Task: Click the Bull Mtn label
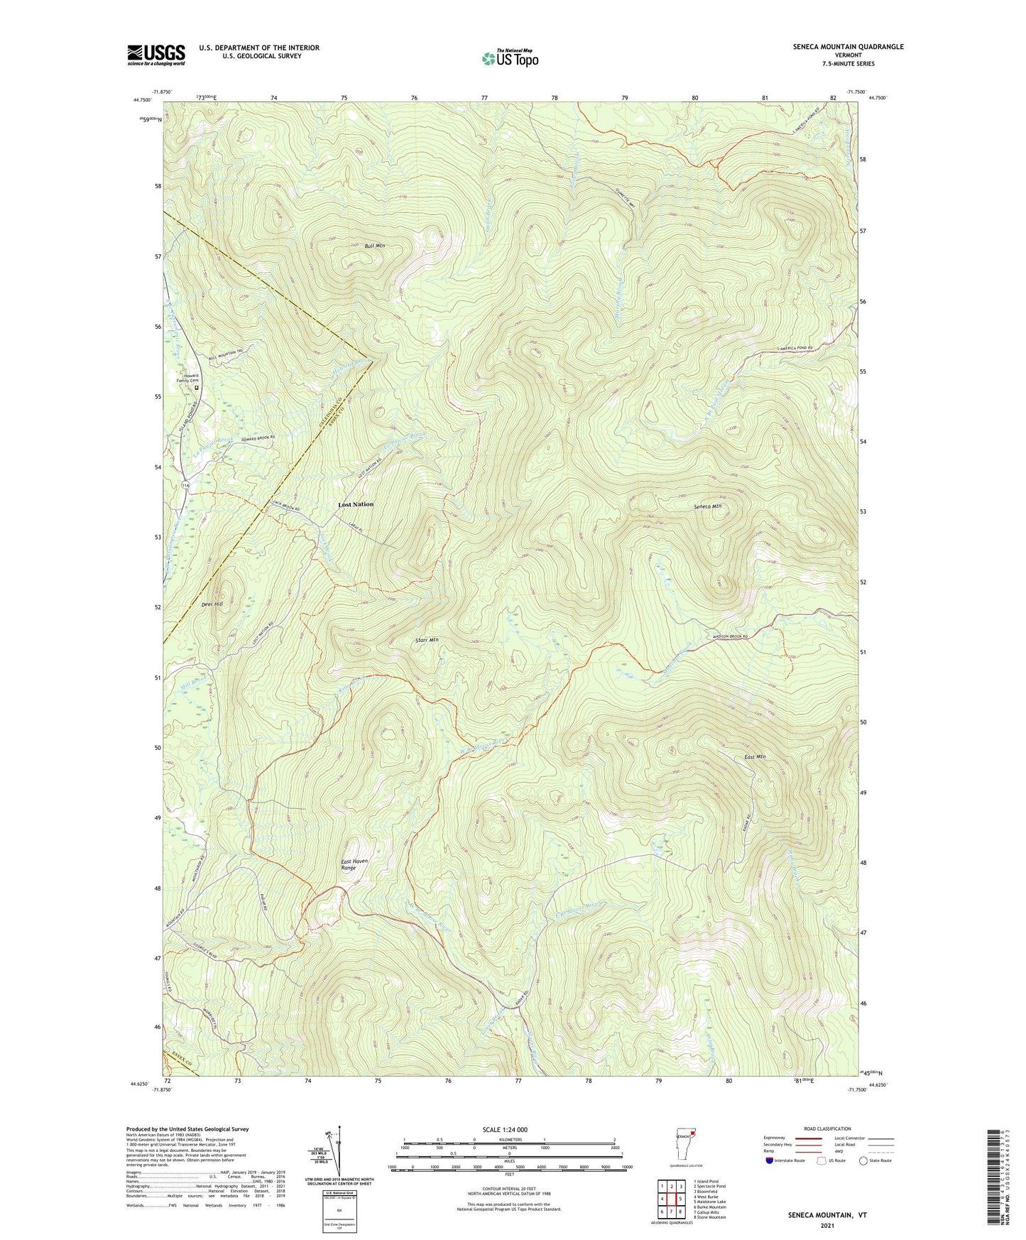[x=374, y=246]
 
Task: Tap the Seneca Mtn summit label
[x=707, y=506]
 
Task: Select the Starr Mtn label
[x=426, y=640]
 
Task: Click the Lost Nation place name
[x=356, y=504]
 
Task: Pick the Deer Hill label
[x=212, y=604]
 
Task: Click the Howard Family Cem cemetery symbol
[x=197, y=388]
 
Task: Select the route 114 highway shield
[x=185, y=484]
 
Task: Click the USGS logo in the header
[x=156, y=55]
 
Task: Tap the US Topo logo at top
[x=510, y=58]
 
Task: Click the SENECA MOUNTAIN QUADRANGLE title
[x=848, y=47]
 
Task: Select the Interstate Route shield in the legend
[x=770, y=1160]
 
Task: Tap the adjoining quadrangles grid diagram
[x=671, y=1200]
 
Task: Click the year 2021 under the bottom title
[x=827, y=1225]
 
